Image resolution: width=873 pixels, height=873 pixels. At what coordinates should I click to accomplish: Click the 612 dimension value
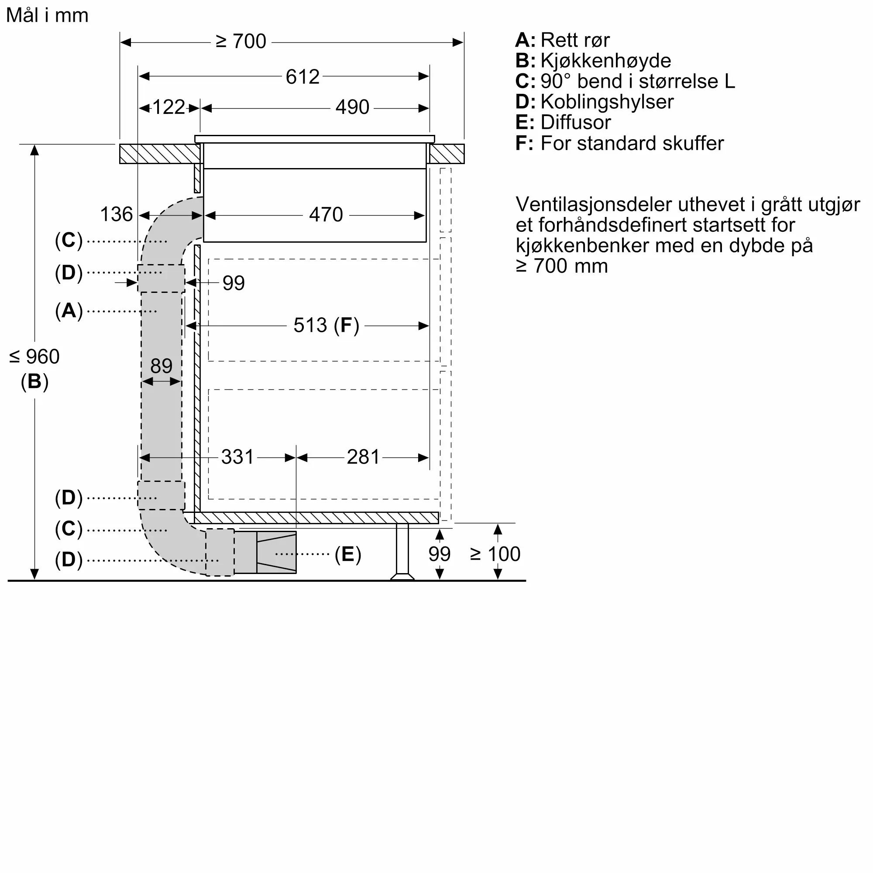(x=302, y=77)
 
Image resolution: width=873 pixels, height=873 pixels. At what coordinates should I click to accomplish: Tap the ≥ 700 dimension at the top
(x=241, y=41)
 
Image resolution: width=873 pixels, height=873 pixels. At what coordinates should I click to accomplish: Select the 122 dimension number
(x=168, y=107)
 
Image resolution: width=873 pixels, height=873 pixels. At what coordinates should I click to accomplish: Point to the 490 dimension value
(x=352, y=107)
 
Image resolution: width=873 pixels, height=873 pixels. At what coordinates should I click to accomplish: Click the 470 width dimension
(x=326, y=215)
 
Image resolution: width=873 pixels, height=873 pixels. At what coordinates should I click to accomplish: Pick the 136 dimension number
(x=116, y=215)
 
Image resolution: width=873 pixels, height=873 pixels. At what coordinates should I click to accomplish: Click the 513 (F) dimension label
(x=326, y=325)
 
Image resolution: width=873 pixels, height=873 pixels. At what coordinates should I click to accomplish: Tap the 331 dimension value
(x=237, y=457)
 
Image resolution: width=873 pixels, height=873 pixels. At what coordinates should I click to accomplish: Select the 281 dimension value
(x=363, y=457)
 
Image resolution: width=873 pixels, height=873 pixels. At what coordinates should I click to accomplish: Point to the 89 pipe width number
(x=162, y=366)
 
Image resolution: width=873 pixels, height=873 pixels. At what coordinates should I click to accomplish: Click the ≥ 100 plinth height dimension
(x=495, y=554)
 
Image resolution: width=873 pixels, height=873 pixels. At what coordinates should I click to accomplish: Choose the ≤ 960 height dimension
(x=34, y=357)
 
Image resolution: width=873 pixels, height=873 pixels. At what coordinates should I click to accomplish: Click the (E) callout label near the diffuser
(x=347, y=554)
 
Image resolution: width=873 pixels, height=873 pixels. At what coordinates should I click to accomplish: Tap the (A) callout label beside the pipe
(x=69, y=311)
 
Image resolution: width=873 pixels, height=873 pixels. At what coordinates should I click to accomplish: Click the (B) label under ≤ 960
(x=34, y=382)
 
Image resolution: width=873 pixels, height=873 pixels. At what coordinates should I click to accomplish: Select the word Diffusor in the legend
(x=575, y=123)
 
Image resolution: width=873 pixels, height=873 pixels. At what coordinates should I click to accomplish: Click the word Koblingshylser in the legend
(x=607, y=102)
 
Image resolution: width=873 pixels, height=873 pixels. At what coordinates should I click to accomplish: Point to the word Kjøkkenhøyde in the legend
(x=605, y=61)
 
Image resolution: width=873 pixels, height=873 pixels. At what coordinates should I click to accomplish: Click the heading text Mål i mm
(x=47, y=15)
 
